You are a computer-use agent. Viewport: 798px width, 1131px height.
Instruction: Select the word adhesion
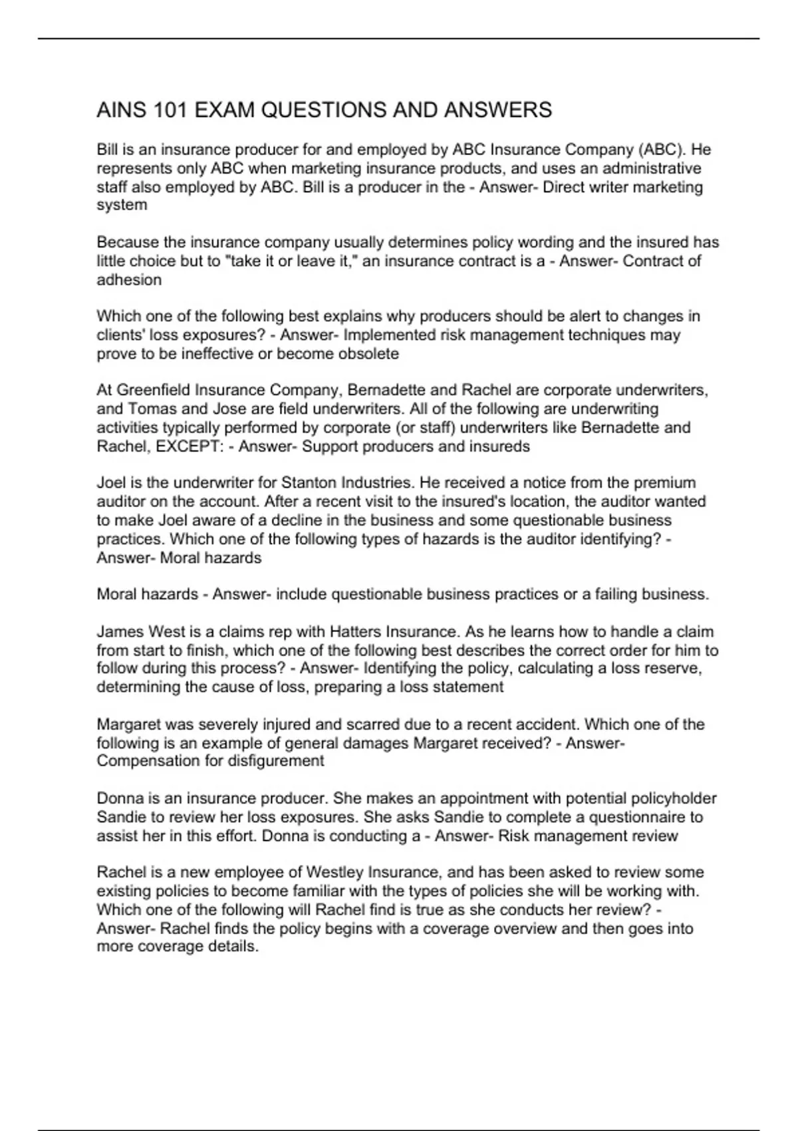pos(129,280)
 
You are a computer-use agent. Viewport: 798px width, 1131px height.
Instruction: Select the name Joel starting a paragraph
pos(111,483)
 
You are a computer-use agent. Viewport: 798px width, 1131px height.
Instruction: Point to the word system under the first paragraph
pos(122,206)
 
